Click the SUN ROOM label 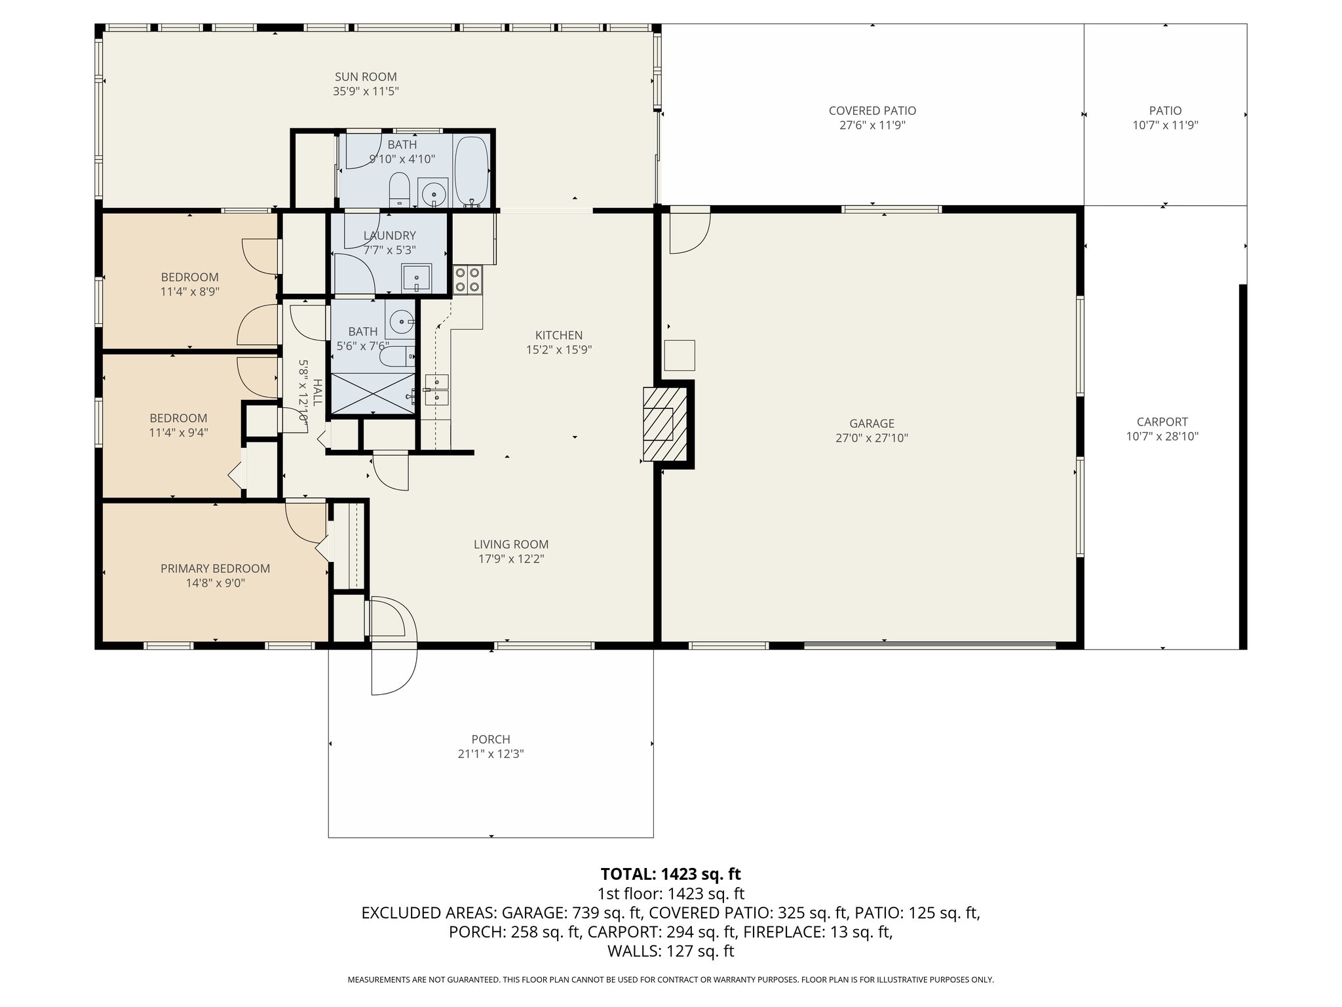click(366, 77)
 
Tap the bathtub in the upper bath click(470, 170)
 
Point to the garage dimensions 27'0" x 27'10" click(872, 438)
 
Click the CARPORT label click(1162, 422)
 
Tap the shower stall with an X click(373, 393)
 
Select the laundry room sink click(416, 279)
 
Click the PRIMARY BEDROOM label click(215, 568)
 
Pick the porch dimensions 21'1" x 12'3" click(490, 754)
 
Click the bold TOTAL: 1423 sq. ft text click(670, 874)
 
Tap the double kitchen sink click(436, 390)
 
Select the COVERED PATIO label click(872, 111)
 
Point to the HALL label click(317, 392)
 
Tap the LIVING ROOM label click(510, 544)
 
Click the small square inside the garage click(680, 355)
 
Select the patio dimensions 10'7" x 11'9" click(1165, 125)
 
